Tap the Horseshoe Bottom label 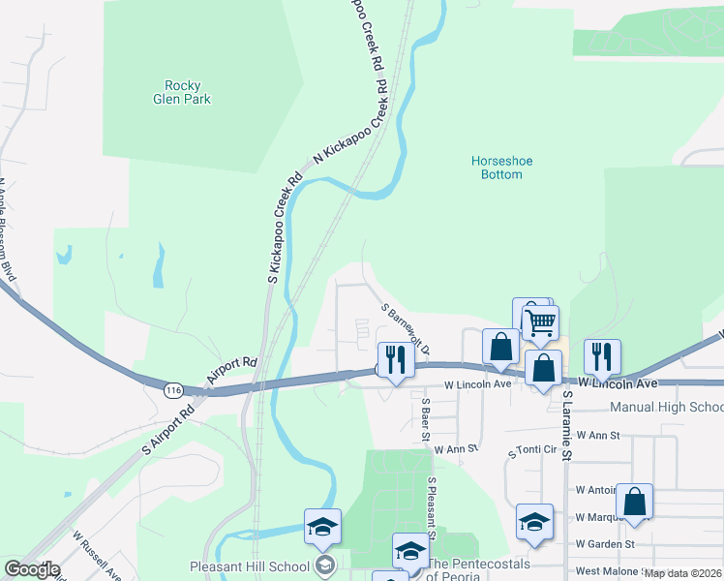pos(501,168)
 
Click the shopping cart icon pos(540,321)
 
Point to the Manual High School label pos(667,408)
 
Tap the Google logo pos(31,569)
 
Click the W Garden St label pos(605,544)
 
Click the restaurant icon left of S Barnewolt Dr pos(395,358)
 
